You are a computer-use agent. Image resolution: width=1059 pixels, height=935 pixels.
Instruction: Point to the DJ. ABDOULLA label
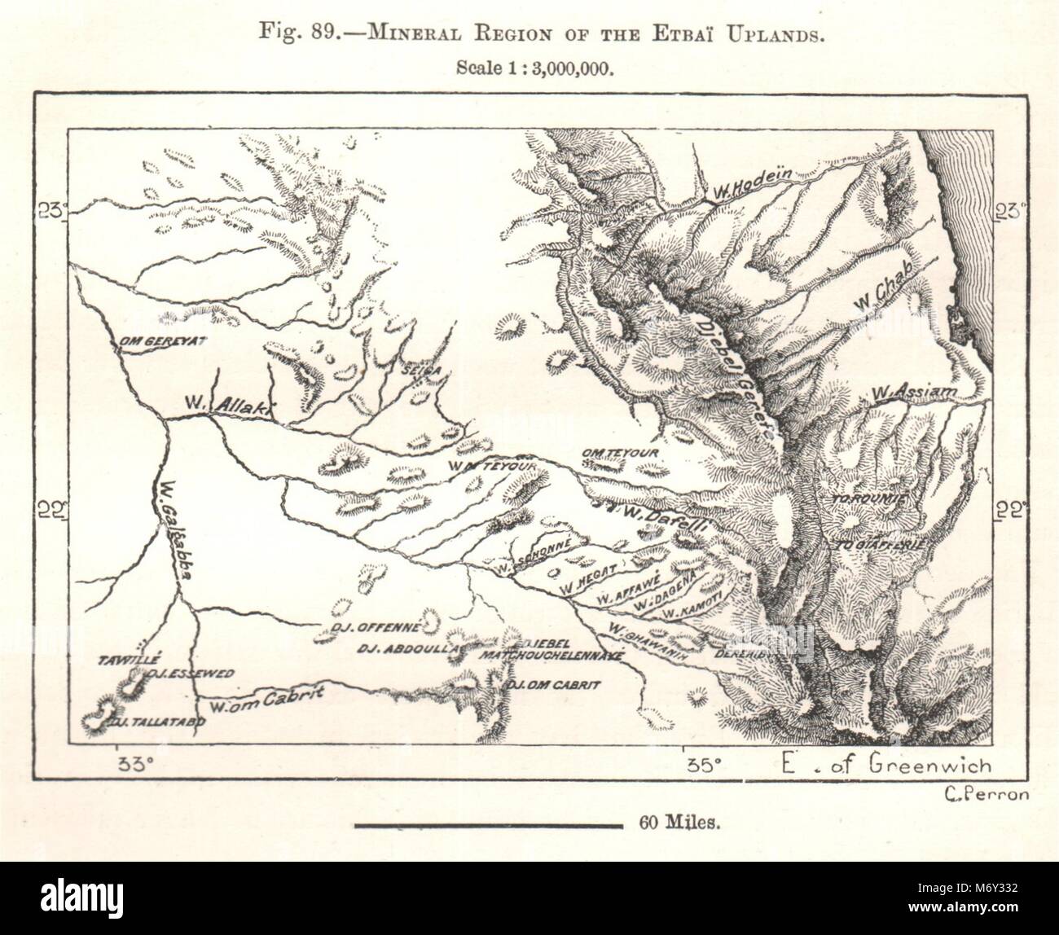[x=408, y=648]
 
